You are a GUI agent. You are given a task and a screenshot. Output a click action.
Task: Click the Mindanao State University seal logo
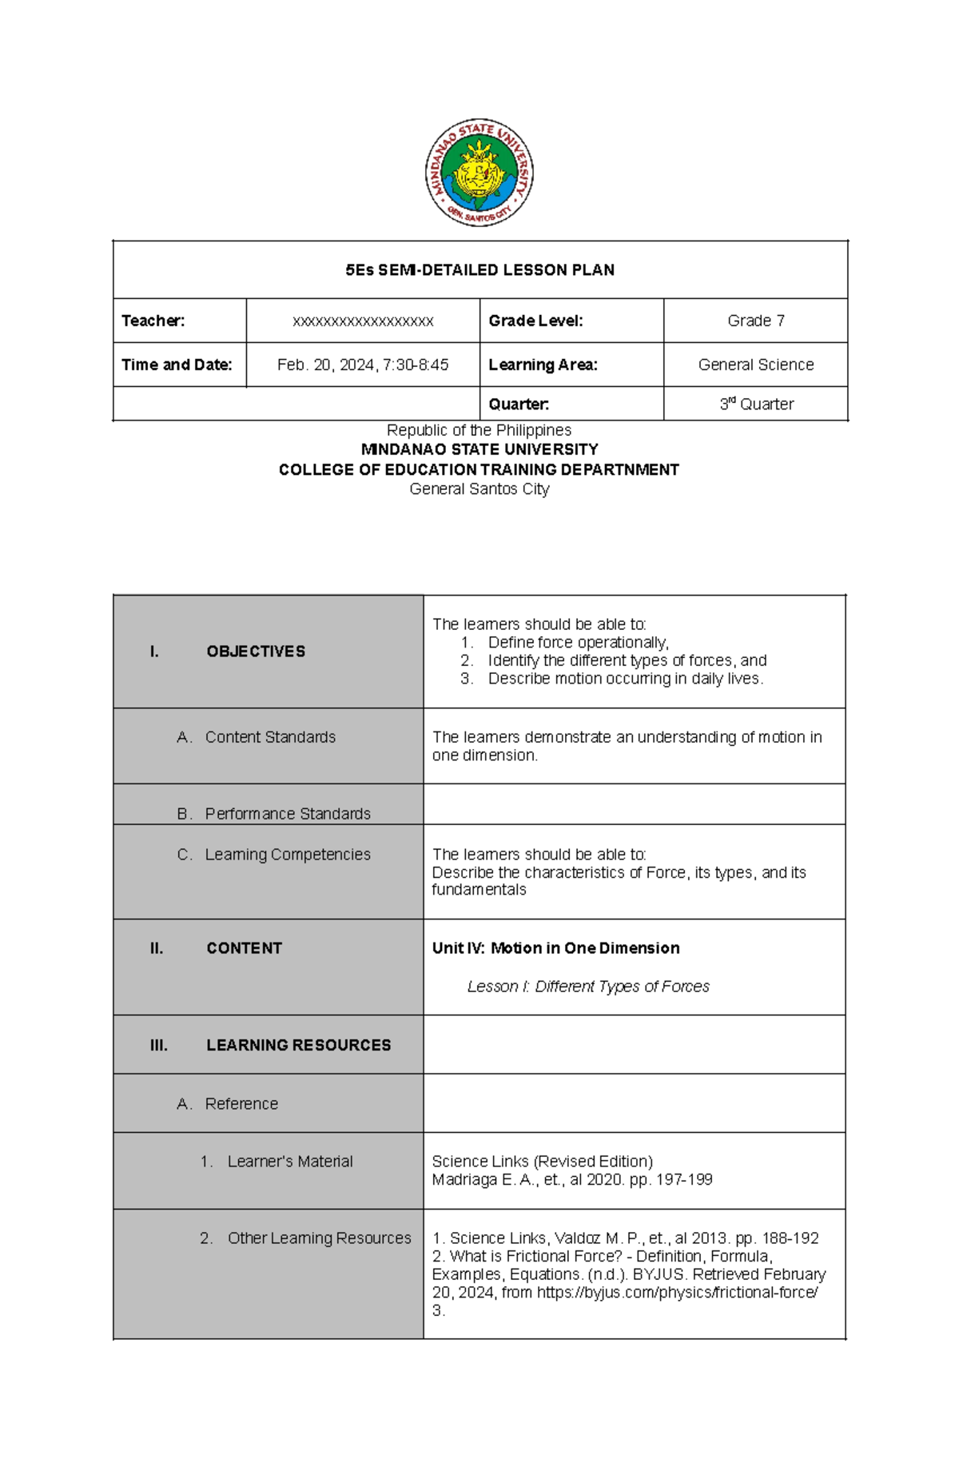[479, 173]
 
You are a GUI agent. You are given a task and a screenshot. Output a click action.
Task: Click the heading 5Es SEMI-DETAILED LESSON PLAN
[479, 270]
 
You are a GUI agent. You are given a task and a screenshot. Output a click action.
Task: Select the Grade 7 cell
[755, 321]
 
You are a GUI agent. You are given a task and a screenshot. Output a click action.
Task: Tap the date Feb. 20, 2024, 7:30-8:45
[363, 365]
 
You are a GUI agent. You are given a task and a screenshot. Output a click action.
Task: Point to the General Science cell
[755, 365]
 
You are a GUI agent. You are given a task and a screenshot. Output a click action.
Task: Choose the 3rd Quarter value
[756, 404]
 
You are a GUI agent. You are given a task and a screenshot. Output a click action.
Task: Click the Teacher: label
[153, 321]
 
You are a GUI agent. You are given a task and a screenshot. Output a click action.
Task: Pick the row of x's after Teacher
[363, 321]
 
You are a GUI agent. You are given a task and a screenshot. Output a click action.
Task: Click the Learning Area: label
[543, 365]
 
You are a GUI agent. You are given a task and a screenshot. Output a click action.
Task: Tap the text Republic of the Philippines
[479, 430]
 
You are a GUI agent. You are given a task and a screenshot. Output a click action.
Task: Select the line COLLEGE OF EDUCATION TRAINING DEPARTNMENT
[479, 469]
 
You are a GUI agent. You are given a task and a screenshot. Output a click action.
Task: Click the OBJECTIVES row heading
[255, 652]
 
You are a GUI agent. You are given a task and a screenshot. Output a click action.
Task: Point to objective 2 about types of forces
[627, 660]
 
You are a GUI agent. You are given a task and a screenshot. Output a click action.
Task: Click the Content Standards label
[269, 737]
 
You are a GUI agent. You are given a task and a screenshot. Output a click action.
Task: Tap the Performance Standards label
[287, 813]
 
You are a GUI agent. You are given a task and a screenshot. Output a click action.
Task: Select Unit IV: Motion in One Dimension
[555, 948]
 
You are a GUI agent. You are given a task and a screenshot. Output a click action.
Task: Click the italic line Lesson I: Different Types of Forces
[587, 987]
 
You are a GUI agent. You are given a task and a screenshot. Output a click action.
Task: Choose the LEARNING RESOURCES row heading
[298, 1045]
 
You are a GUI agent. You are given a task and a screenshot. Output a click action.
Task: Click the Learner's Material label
[289, 1161]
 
